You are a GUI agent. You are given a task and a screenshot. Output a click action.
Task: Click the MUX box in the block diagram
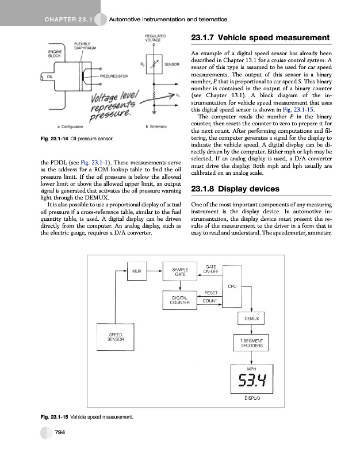(137, 270)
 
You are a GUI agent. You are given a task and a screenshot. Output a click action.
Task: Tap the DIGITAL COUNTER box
(180, 300)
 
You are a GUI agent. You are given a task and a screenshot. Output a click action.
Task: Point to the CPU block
(233, 286)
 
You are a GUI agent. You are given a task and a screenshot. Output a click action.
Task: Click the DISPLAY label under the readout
(251, 398)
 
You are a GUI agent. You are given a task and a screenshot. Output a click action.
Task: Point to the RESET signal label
(210, 293)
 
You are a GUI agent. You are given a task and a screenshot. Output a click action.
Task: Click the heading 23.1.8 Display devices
(227, 189)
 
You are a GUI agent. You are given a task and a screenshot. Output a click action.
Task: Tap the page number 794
(59, 432)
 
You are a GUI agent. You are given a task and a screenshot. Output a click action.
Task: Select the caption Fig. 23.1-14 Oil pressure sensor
(77, 139)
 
